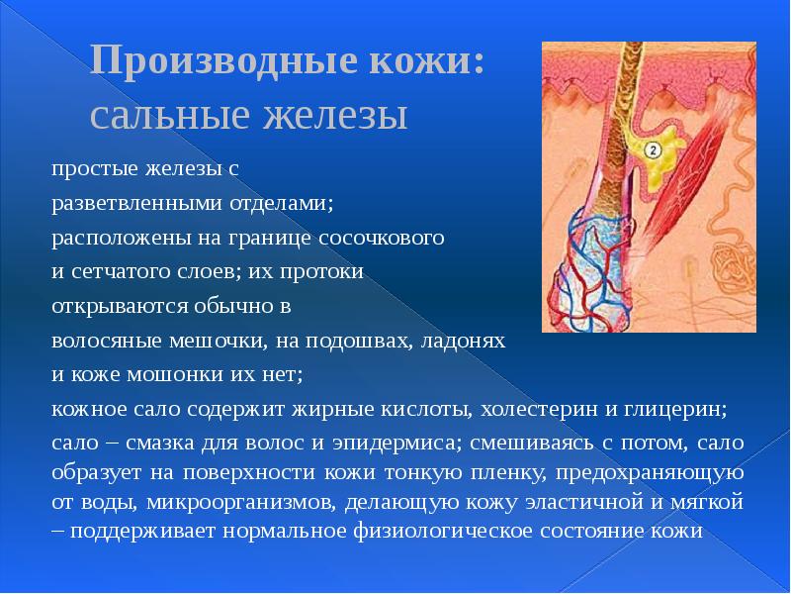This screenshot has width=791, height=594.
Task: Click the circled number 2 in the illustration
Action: (x=653, y=150)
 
